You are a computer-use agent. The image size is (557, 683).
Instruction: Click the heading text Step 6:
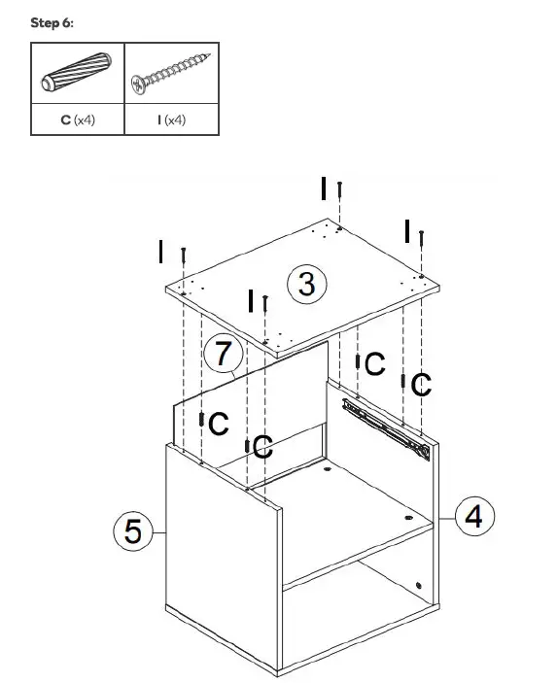[x=52, y=22]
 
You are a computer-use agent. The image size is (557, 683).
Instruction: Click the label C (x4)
[x=78, y=120]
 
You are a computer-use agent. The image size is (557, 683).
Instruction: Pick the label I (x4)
[x=171, y=120]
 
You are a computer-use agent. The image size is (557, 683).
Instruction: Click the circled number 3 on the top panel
[x=306, y=285]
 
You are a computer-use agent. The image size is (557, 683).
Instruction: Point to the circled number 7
[x=222, y=354]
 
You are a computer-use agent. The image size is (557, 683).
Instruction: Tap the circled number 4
[x=472, y=515]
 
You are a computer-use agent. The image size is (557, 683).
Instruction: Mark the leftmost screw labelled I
[x=183, y=256]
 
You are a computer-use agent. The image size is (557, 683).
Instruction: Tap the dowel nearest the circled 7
[x=201, y=421]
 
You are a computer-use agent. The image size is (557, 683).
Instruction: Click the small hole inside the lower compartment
[x=419, y=586]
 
